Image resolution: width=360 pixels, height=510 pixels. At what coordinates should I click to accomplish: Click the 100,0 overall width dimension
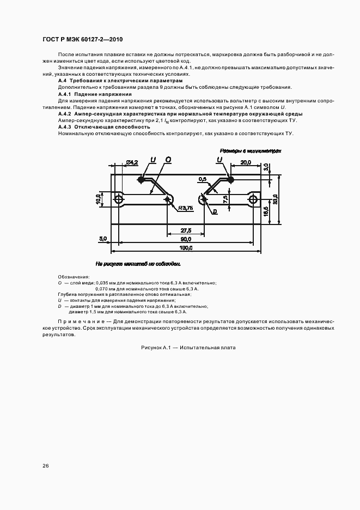[186, 248]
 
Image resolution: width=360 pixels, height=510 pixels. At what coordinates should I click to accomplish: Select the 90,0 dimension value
[186, 239]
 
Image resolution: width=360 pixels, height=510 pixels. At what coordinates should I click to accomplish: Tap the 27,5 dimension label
[186, 230]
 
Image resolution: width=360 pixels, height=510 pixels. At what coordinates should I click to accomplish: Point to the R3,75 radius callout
[185, 208]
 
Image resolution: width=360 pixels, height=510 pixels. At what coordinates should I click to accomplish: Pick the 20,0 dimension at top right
[245, 162]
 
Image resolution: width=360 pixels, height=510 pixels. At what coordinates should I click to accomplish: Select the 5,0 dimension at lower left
[102, 239]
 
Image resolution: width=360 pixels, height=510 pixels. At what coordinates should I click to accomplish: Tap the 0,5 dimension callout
[203, 179]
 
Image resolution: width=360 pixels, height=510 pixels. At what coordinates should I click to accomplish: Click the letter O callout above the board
[168, 159]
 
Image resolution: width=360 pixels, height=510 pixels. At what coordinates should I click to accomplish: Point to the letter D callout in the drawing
[215, 211]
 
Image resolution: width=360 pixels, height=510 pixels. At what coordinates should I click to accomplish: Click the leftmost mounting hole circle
[119, 200]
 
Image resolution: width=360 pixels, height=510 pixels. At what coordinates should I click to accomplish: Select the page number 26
[45, 465]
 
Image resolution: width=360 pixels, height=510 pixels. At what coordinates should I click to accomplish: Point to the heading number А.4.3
[66, 127]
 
